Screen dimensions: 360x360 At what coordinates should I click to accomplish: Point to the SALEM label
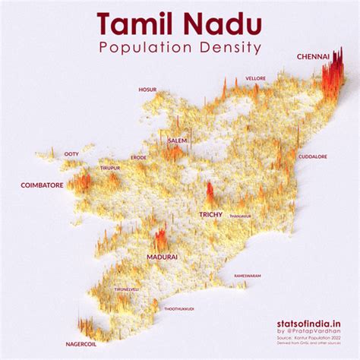click(177, 141)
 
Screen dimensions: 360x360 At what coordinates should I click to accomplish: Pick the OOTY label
click(71, 153)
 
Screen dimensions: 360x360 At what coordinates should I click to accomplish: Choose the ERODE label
click(139, 157)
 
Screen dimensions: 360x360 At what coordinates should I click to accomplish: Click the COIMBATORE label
click(41, 185)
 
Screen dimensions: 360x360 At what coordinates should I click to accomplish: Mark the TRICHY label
click(210, 215)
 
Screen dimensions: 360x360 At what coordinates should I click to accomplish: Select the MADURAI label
click(162, 257)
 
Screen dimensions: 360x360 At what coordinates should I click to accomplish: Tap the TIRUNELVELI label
click(127, 289)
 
